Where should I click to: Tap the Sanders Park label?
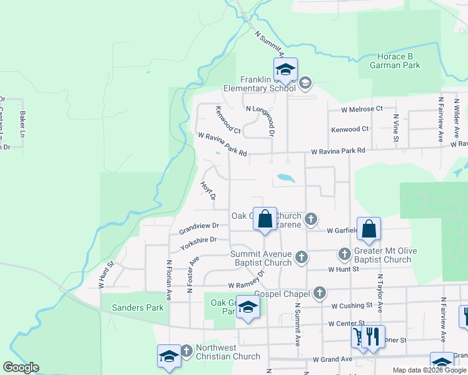pos(138,307)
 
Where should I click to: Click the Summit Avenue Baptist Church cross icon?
pos(302,257)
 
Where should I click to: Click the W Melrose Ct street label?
pos(362,109)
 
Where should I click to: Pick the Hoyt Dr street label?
pos(208,191)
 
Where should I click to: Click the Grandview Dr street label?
pos(199,226)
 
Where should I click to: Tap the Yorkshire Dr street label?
pos(198,243)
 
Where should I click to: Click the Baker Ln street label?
pos(23,125)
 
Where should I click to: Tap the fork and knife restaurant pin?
pos(373,336)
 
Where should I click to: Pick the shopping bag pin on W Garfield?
pos(369,230)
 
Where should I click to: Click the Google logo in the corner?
pos(21,367)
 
